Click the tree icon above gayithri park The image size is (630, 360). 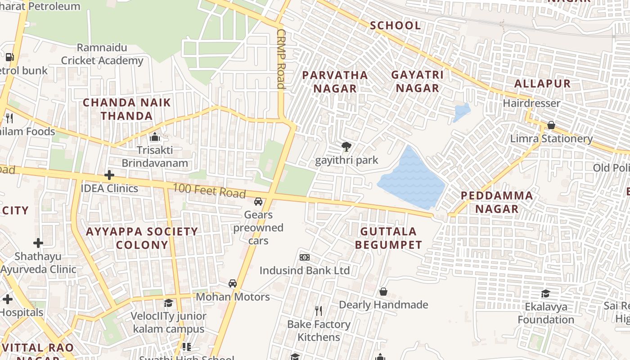pos(346,146)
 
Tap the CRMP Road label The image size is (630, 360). pos(281,59)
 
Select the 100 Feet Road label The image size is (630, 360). pos(209,191)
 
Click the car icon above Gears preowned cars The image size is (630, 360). pos(258,201)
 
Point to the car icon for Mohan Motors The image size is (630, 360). pos(233,283)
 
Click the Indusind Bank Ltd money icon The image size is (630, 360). pos(305,257)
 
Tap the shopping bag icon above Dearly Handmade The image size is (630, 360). pos(383,292)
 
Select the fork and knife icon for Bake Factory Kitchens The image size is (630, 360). pos(319,310)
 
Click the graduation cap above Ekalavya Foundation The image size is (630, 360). pos(546,293)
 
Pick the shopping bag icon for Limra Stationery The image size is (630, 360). pos(551,125)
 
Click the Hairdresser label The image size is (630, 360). pos(531,103)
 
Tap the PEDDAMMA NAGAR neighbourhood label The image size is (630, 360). pos(497,202)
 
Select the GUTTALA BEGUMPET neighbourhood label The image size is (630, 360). pos(389,238)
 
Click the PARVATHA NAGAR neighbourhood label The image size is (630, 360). pos(335,81)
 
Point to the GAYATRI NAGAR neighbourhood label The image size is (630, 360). pos(417,81)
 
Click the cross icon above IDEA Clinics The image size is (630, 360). pos(109,175)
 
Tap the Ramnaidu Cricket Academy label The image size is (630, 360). pos(102,54)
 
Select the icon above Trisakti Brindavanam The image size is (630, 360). pos(155,137)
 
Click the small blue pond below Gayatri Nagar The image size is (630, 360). pos(462,112)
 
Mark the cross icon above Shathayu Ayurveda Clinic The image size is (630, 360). pos(38,243)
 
